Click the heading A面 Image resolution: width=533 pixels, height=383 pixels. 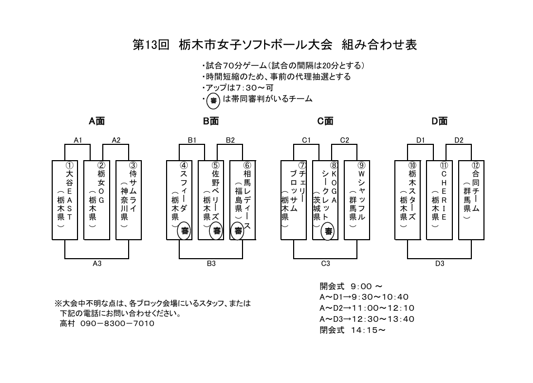click(96, 121)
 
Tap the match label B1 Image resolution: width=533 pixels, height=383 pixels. click(192, 140)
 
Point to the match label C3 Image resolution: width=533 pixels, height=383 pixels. click(325, 263)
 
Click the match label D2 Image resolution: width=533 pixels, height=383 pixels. click(459, 140)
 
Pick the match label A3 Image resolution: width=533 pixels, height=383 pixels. click(97, 263)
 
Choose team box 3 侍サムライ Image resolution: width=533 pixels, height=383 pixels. click(129, 200)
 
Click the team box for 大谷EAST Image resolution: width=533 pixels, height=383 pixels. click(65, 200)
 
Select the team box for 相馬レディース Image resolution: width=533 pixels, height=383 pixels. click(243, 200)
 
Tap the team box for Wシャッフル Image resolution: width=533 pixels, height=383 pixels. click(357, 200)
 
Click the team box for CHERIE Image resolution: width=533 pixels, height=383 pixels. click(440, 200)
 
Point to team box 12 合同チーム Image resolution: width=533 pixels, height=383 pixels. click(471, 200)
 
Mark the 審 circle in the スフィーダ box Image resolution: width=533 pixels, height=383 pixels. click(185, 230)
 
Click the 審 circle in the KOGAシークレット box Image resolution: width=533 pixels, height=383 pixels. click(328, 230)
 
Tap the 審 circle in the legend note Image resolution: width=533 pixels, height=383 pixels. click(214, 100)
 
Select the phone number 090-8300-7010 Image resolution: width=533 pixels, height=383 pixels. click(118, 323)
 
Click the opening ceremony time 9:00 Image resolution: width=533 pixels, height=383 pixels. click(362, 286)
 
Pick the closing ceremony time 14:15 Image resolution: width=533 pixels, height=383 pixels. click(367, 330)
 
